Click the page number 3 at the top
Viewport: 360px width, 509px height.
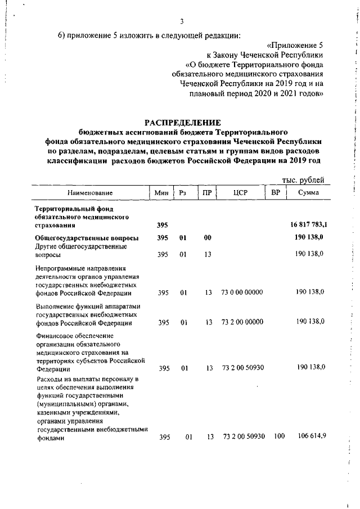click(182, 22)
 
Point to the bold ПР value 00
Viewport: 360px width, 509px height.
click(208, 237)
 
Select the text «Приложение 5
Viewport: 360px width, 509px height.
click(295, 44)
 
